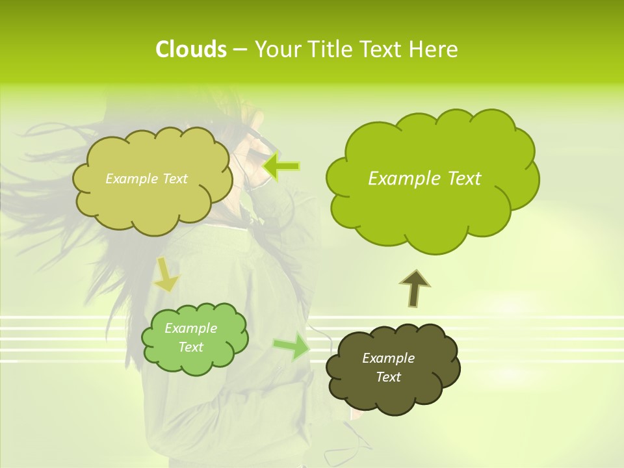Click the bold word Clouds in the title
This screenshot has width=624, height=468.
(x=190, y=49)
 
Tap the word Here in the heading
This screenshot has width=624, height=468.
(x=433, y=49)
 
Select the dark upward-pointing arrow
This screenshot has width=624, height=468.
(x=414, y=288)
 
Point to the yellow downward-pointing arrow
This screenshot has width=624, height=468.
(x=166, y=274)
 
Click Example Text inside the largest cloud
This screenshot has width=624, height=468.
(x=424, y=179)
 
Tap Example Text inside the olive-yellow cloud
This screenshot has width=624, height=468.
(x=146, y=179)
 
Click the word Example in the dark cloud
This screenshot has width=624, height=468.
(x=388, y=358)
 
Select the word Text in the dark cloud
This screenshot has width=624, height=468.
(x=388, y=377)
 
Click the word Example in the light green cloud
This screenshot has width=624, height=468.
(x=190, y=328)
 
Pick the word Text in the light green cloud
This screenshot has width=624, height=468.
(x=190, y=347)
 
